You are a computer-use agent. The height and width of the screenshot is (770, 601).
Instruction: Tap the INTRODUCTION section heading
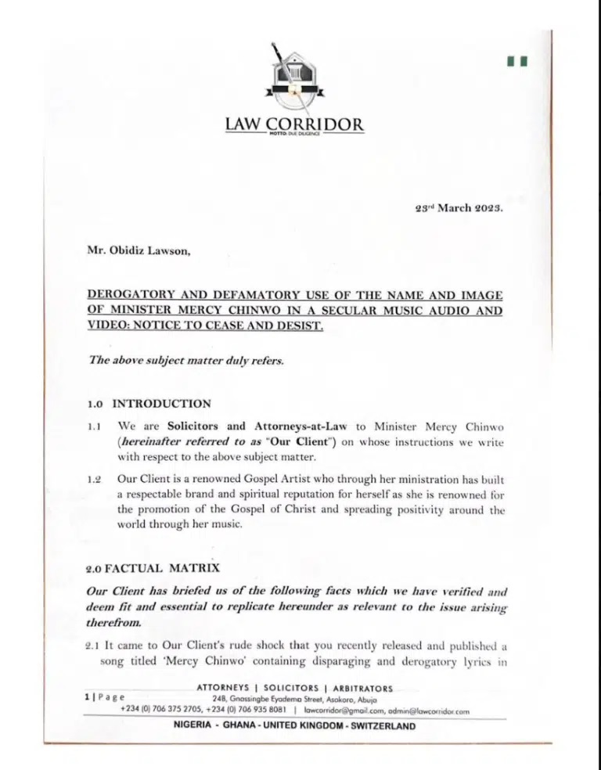coord(161,405)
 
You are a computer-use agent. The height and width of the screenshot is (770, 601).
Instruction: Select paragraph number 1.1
coord(95,427)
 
